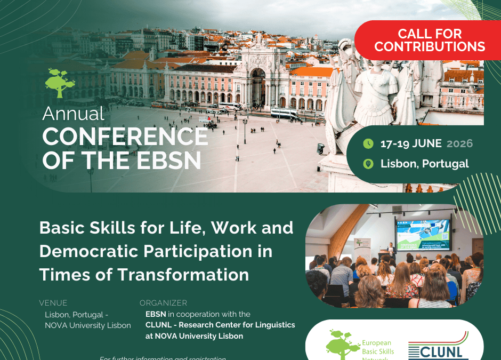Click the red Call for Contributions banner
pos(429,40)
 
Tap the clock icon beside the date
pos(368,143)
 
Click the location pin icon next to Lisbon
pos(368,164)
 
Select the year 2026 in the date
pos(459,143)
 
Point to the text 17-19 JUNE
pos(411,143)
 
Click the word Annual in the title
pos(74,114)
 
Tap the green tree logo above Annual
pos(60,83)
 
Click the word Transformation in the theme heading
pos(182,274)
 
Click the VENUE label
pos(53,303)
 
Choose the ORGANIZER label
pos(163,303)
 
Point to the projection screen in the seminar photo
pos(423,235)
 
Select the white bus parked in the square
pos(284,113)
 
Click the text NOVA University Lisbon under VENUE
pos(88,325)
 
